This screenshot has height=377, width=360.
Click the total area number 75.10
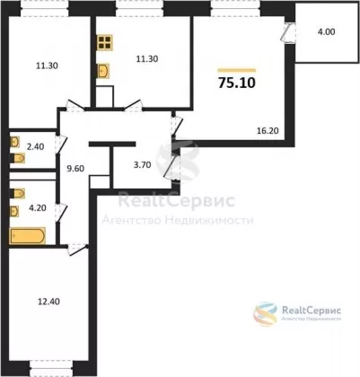point(237,83)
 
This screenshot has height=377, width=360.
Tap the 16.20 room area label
point(268,131)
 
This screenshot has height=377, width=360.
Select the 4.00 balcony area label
point(326,31)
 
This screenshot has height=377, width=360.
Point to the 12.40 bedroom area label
point(48,302)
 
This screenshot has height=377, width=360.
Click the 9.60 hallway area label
point(75,169)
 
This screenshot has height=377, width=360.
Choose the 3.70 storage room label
point(142,165)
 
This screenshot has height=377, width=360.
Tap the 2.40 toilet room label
point(35,147)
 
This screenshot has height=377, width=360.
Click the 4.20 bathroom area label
point(37,207)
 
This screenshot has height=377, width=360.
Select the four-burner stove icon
point(105,42)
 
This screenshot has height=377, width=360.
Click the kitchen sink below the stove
point(103,71)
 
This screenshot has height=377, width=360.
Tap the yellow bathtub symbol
point(28,236)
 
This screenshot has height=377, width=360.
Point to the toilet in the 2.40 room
point(18,158)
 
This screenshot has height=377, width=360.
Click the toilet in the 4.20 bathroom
point(18,194)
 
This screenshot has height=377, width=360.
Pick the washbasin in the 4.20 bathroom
point(14,211)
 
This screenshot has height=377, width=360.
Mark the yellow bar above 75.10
point(237,71)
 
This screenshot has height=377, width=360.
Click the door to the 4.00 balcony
point(288,33)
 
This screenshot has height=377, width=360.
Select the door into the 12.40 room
point(77,250)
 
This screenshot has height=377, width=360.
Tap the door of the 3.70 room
point(171,169)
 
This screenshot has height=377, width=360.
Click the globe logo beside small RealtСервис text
point(266,314)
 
